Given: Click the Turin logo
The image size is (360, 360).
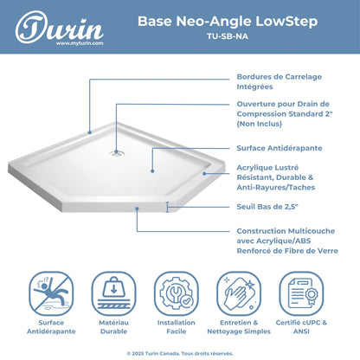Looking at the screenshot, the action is click(59, 28).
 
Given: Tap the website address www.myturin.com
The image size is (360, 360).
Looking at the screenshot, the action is click(80, 43).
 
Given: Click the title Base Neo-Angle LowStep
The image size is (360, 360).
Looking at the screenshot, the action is click(228, 22).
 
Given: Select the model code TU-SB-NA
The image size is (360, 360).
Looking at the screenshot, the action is click(228, 36).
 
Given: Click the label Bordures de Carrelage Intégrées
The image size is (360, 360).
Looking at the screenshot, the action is click(280, 81).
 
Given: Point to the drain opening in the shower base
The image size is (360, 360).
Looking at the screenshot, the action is click(116, 153).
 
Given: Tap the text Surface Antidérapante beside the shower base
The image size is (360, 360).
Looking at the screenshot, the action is click(280, 148).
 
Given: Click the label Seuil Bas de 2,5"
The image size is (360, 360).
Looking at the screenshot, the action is click(267, 207).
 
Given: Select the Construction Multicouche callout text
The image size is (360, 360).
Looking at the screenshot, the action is click(287, 241).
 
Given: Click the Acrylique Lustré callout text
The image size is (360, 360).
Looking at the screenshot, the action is click(276, 177).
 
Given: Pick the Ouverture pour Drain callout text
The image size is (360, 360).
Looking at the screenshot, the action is click(285, 113).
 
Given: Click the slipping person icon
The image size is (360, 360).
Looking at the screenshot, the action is click(51, 293).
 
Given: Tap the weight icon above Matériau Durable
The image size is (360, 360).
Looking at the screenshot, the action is click(113, 293).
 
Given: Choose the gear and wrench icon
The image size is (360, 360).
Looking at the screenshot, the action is click(177, 293).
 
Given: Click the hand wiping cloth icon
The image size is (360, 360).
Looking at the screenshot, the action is click(239, 293).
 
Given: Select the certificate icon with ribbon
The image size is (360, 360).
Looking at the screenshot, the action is click(301, 293).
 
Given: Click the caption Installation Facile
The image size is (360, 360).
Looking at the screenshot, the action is click(177, 327).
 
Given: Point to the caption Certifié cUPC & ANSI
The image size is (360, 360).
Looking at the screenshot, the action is click(301, 327).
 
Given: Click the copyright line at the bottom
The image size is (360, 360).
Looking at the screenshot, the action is click(180, 353).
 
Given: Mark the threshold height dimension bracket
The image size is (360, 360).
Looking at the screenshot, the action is click(167, 207).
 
